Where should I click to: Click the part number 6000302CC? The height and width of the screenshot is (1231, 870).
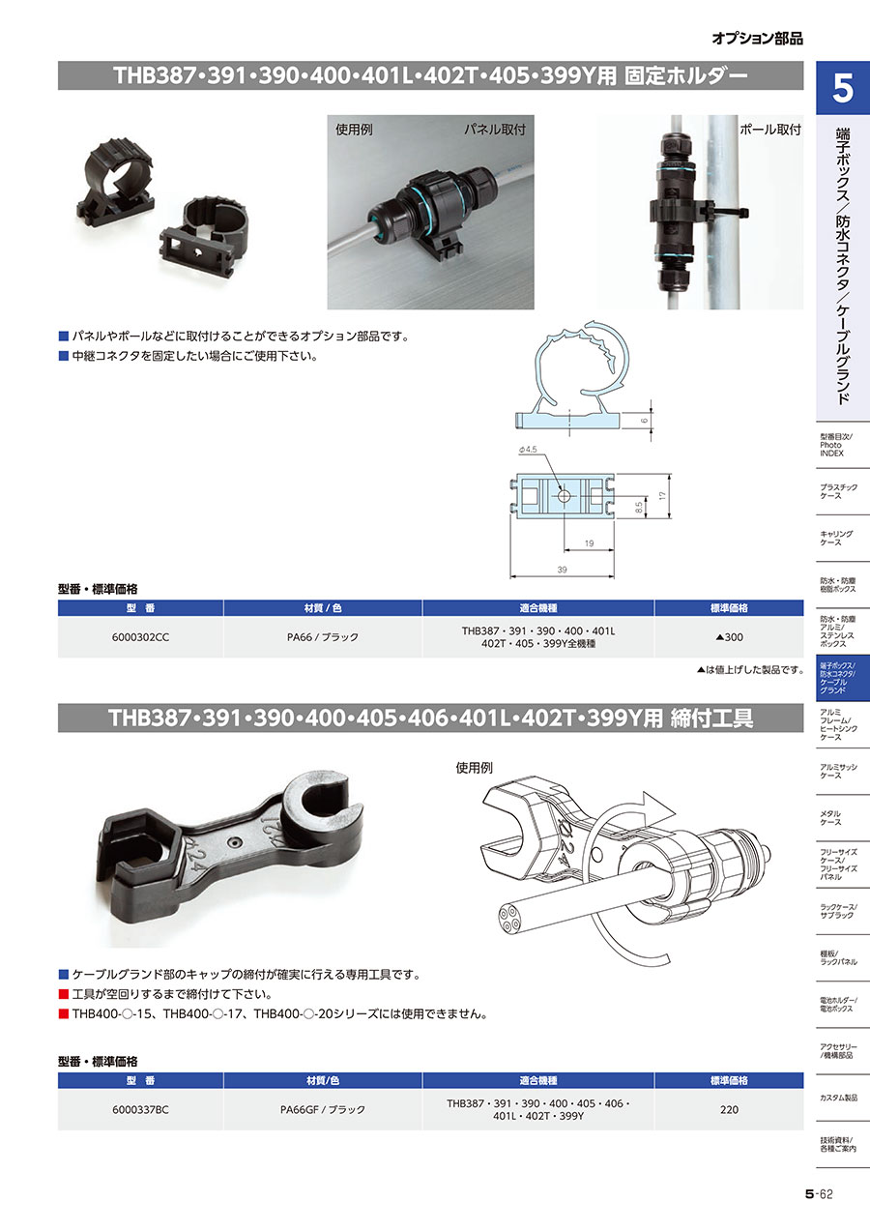pos(140,637)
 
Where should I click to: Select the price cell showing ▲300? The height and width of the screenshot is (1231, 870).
pos(730,637)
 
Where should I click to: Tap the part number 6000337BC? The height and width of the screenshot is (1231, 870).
pos(140,1109)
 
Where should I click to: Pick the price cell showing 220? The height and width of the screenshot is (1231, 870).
pos(730,1109)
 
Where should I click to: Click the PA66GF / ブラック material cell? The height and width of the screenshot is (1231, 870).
pos(323,1109)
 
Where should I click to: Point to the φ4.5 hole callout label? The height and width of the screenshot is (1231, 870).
pos(528,450)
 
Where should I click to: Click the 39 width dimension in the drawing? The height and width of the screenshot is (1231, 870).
pos(562,570)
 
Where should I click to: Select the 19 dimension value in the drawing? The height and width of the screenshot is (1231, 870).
pos(590,543)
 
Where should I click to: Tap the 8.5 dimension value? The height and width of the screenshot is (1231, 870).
pos(639,508)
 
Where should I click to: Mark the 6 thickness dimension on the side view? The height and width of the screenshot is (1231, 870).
pos(645,421)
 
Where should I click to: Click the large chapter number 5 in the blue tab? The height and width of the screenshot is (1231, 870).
pos(843,88)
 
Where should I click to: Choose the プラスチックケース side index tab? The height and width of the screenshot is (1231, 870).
pos(838,491)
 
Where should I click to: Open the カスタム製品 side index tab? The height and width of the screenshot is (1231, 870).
pos(838,1098)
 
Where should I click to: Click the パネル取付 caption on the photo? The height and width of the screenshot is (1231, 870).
pos(495,130)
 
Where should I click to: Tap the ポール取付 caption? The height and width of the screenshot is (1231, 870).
pos(770,130)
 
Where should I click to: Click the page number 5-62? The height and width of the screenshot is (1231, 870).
pos(819,1193)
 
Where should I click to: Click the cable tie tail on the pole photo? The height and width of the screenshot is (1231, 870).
pos(731,212)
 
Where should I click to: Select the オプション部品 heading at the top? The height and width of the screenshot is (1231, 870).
pos(758,39)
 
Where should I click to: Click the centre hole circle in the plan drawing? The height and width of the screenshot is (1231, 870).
pos(565,496)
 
